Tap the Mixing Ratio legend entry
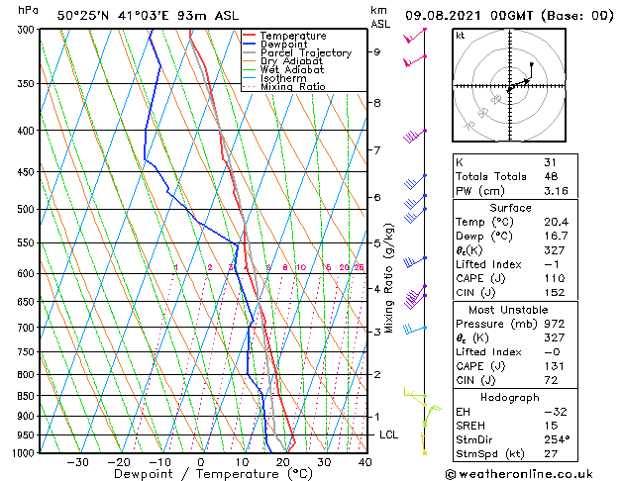point(292,87)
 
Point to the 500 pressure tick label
point(28,210)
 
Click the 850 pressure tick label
point(28,396)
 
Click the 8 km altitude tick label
point(376,103)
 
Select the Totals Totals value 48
point(550,177)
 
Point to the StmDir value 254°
point(557,439)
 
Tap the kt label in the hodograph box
point(461,35)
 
